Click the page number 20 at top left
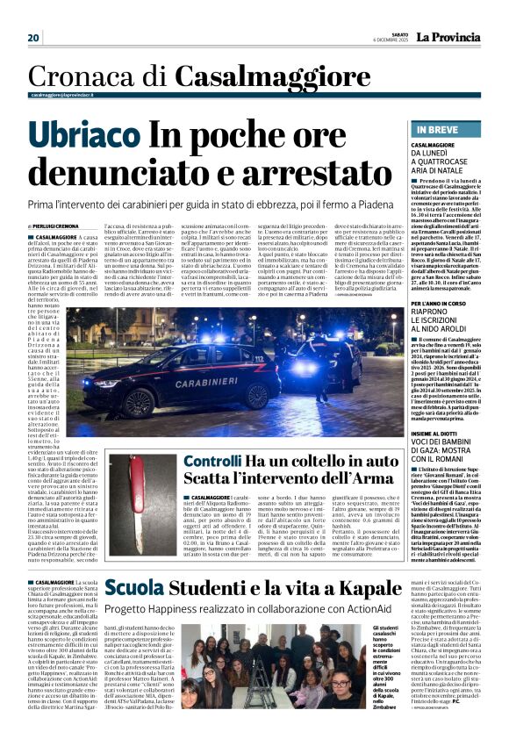34,38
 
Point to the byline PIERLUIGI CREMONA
58,226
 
